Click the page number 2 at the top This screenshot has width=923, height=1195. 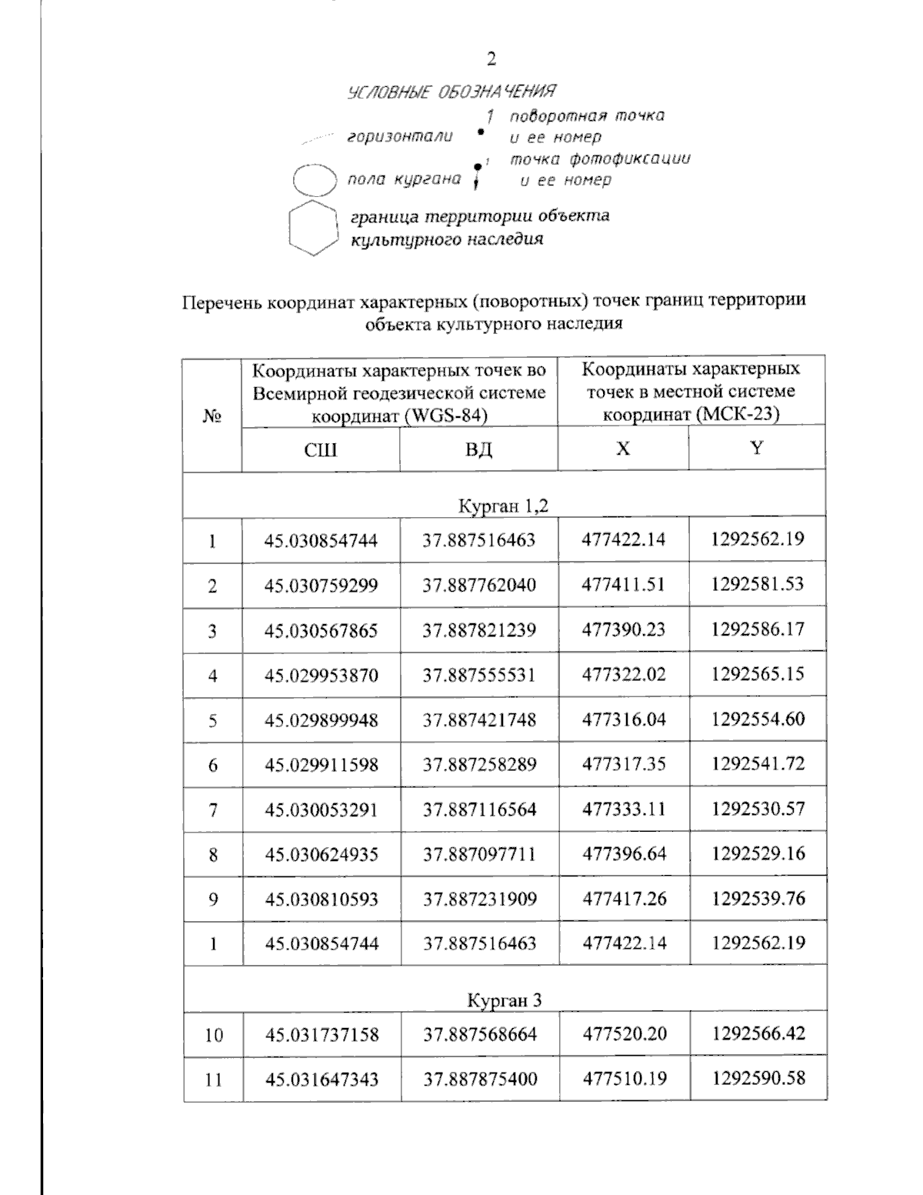[x=491, y=59]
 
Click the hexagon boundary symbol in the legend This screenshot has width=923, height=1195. [x=313, y=228]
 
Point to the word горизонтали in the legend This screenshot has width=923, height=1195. [x=399, y=137]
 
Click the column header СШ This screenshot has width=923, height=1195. [x=321, y=449]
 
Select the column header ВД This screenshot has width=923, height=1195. [x=478, y=449]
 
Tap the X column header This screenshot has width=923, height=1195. [x=623, y=449]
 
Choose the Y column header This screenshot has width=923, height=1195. [x=757, y=448]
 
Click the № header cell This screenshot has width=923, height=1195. [x=212, y=417]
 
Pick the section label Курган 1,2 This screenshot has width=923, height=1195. [x=504, y=506]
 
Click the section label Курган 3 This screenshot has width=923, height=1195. [x=505, y=1000]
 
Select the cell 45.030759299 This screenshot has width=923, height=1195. [x=322, y=586]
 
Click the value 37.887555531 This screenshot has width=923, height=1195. [x=479, y=676]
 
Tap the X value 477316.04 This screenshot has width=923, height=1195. [x=624, y=720]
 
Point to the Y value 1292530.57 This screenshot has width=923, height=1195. [x=758, y=809]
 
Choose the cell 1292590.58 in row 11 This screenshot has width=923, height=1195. [x=758, y=1078]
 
